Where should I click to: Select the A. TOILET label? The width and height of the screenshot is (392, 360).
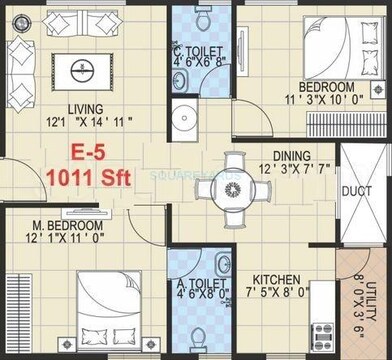(197, 281)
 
